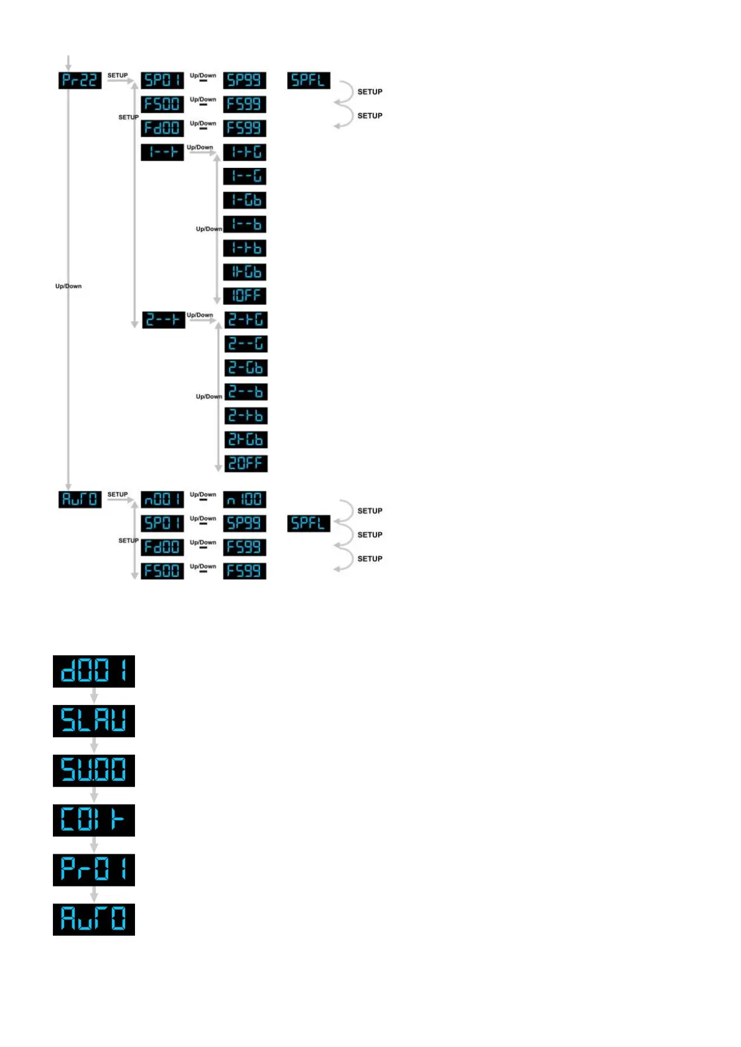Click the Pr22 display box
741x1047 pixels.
80,80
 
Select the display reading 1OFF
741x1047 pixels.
245,296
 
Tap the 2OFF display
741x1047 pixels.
246,464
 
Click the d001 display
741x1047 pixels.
94,671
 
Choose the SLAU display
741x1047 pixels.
94,721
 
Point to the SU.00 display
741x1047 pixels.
94,770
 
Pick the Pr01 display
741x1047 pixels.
94,870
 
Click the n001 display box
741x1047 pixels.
162,499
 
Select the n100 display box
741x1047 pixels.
245,499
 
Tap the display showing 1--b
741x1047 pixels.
245,224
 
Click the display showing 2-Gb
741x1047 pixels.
246,368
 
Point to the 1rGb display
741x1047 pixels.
245,272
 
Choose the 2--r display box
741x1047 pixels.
164,320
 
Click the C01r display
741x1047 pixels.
94,820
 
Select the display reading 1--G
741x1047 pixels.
245,177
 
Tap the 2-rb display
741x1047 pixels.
246,416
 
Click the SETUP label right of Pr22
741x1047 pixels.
118,76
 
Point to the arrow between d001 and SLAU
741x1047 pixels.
94,696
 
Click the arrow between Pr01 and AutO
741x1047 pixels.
94,895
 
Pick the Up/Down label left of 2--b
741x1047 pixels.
209,397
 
